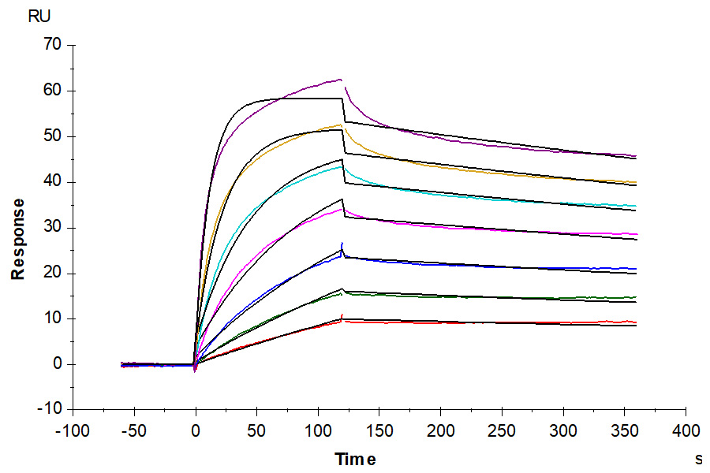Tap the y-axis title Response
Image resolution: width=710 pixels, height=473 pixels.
pyautogui.click(x=17, y=239)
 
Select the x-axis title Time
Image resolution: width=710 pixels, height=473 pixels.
pyautogui.click(x=355, y=459)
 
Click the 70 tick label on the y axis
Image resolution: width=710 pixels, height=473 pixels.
pyautogui.click(x=53, y=45)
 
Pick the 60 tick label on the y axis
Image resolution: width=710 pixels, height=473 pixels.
pyautogui.click(x=53, y=91)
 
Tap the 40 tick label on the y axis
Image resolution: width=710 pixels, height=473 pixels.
pyautogui.click(x=53, y=182)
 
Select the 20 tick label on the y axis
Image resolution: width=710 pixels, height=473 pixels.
pyautogui.click(x=53, y=274)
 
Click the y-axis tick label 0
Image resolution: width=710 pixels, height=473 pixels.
pyautogui.click(x=57, y=364)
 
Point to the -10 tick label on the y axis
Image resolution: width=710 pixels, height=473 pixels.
pyautogui.click(x=50, y=410)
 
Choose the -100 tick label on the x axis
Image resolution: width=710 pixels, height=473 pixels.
pyautogui.click(x=72, y=430)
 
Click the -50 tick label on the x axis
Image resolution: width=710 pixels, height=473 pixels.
pyautogui.click(x=133, y=430)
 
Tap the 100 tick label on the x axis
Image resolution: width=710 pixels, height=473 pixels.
pyautogui.click(x=318, y=430)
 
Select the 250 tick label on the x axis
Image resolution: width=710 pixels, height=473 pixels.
pyautogui.click(x=502, y=430)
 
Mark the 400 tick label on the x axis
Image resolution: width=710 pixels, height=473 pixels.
pyautogui.click(x=686, y=430)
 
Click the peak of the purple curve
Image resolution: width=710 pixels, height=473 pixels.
pyautogui.click(x=341, y=79)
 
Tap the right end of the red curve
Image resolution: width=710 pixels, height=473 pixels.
pyautogui.click(x=635, y=322)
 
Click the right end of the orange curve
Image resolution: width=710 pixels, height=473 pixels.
pyautogui.click(x=635, y=182)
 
